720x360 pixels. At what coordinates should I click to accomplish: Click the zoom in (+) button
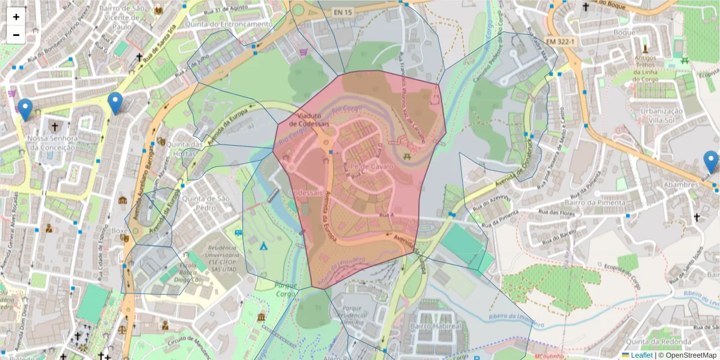click(16, 17)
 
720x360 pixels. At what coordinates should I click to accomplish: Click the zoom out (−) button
click(16, 35)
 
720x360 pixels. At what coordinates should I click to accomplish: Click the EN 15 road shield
click(343, 11)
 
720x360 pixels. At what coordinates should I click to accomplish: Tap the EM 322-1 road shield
click(561, 41)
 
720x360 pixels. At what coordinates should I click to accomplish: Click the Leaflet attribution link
click(641, 355)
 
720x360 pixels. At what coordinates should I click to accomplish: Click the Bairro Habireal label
click(442, 326)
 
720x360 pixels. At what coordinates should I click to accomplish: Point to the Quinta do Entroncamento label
click(229, 24)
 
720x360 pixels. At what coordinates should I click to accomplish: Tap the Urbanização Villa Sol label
click(661, 115)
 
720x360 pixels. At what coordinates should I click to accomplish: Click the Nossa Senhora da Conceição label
click(53, 143)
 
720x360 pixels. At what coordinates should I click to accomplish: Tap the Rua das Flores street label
click(557, 213)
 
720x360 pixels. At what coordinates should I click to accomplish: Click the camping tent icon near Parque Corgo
click(263, 245)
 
